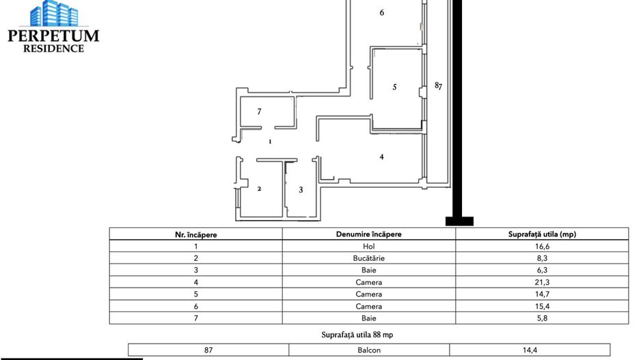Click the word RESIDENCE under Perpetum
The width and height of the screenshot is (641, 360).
pos(54,49)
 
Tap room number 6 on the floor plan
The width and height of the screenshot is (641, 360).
pos(381,12)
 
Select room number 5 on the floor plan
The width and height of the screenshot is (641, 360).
pos(394,87)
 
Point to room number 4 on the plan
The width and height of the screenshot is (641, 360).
pos(381,156)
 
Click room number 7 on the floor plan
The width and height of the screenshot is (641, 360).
pos(259,111)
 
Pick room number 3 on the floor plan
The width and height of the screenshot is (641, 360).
pos(301,189)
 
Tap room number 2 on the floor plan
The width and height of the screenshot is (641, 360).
pos(259,189)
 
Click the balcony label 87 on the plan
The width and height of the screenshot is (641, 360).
pos(439,86)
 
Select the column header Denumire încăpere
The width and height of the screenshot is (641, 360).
pos(368,234)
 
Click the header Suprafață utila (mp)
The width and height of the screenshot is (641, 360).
pos(542,234)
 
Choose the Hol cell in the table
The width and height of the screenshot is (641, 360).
pos(368,246)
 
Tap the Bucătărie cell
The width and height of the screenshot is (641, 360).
pos(368,258)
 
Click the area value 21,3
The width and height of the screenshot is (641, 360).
pos(542,282)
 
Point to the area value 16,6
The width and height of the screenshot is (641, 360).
pos(542,246)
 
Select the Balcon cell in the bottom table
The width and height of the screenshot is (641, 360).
pos(368,350)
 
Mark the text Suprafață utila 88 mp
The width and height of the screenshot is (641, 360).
pos(357,335)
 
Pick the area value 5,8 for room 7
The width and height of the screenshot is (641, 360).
pos(542,318)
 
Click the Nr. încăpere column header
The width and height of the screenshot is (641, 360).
pos(196,234)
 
